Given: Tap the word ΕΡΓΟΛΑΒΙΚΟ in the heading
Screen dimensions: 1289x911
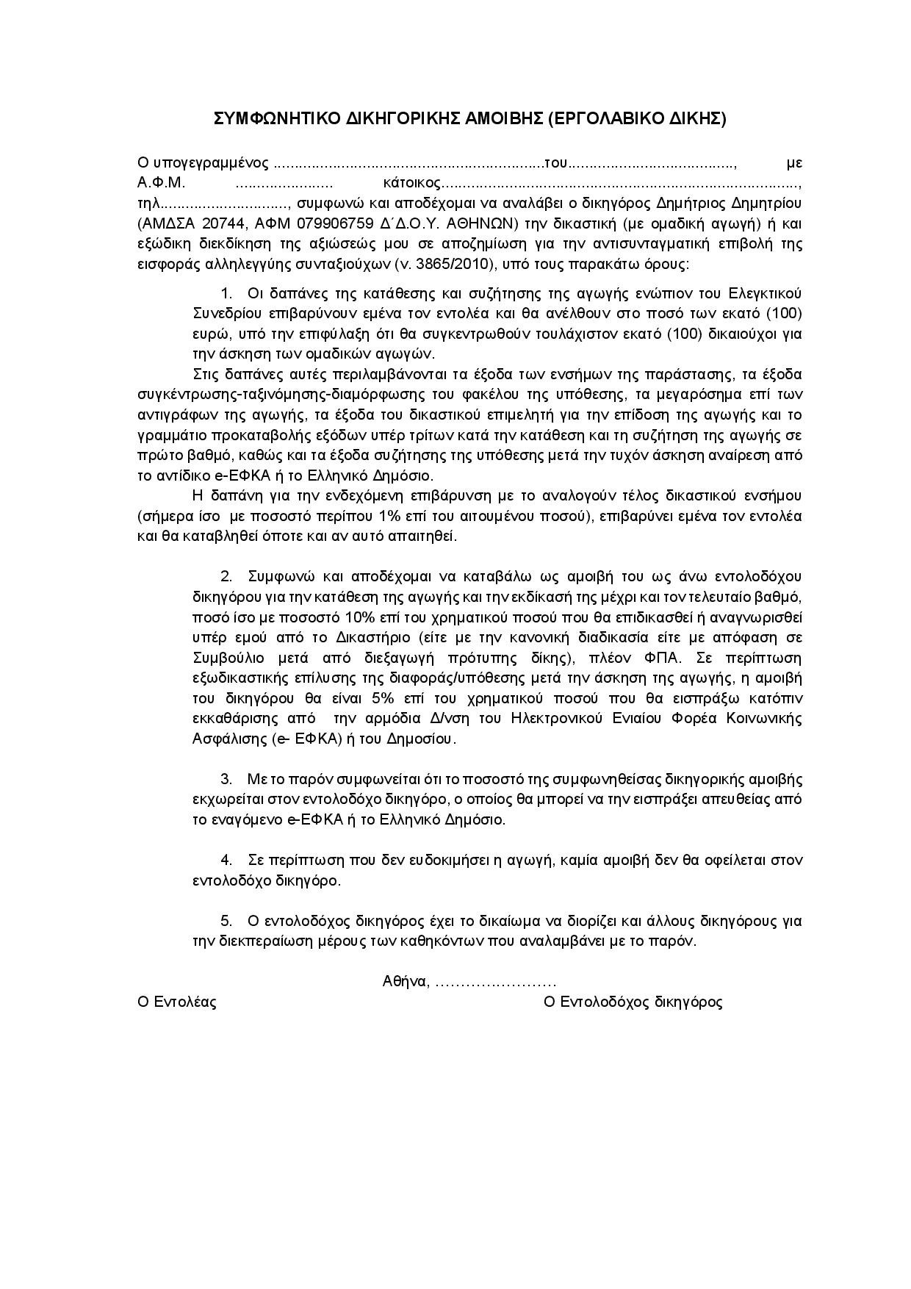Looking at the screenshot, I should pyautogui.click(x=608, y=118).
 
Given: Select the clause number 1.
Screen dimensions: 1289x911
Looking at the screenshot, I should pyautogui.click(x=226, y=294).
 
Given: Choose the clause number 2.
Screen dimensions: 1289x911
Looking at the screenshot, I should pyautogui.click(x=226, y=575).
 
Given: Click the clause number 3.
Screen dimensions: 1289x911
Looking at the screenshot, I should pyautogui.click(x=226, y=779).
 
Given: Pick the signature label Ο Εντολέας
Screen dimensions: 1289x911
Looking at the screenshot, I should pyautogui.click(x=177, y=1002).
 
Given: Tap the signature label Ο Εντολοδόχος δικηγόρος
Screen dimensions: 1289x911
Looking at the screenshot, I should pyautogui.click(x=633, y=1002).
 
